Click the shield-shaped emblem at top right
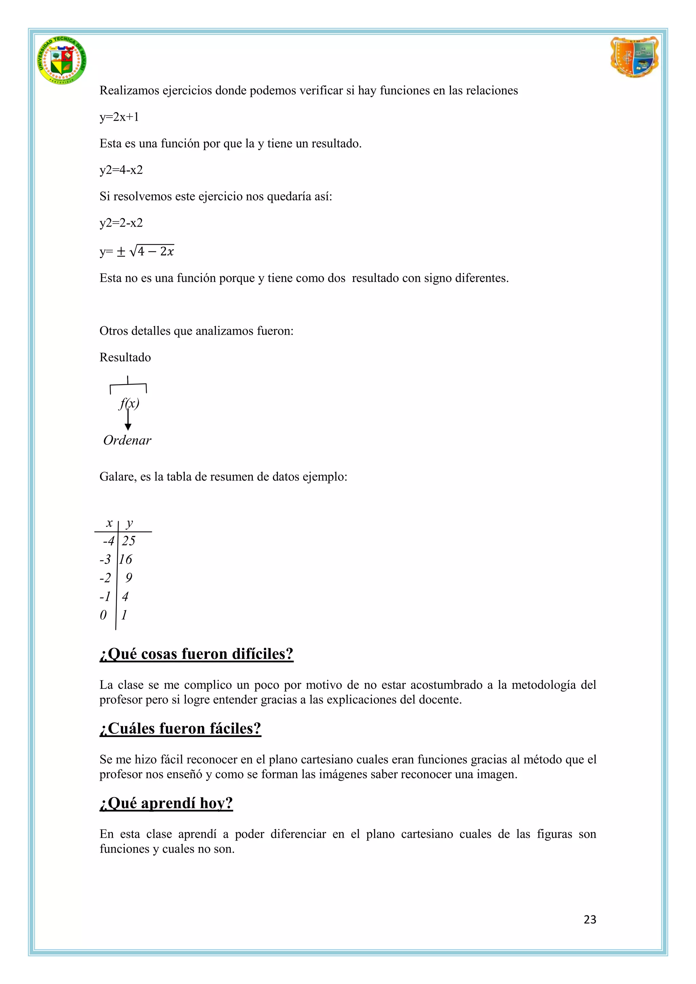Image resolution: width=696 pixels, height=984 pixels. click(x=634, y=57)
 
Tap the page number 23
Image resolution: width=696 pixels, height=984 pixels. click(x=590, y=919)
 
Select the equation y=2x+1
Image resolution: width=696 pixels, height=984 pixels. click(x=119, y=117)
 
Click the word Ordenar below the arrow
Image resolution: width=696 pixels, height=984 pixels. click(x=127, y=440)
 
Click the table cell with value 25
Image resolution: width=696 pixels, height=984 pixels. click(x=128, y=541)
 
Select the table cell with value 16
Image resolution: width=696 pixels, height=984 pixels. click(x=125, y=559)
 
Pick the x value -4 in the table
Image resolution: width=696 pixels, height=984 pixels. click(x=108, y=541)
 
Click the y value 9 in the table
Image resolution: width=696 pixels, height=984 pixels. click(x=128, y=578)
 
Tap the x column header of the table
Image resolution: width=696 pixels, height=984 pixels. click(x=109, y=523)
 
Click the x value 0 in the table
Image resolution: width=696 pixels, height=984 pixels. click(x=103, y=615)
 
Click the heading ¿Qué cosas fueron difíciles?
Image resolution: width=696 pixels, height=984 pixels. click(x=196, y=654)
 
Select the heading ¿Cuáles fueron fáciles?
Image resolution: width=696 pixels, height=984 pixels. click(x=180, y=728)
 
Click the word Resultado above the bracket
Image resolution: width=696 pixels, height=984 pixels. click(x=125, y=357)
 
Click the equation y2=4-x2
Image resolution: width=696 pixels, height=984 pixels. click(x=121, y=170)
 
